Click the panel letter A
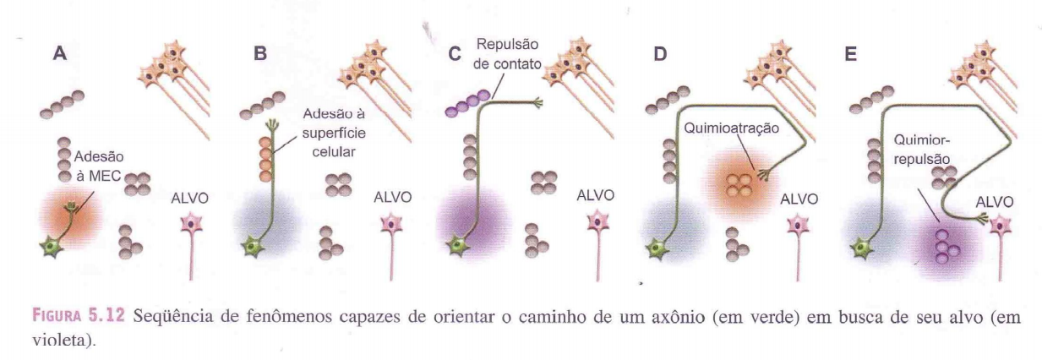point(59,52)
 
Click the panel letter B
point(260,52)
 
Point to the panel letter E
point(851,53)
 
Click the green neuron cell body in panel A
point(52,246)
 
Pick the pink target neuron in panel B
point(392,225)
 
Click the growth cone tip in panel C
point(533,104)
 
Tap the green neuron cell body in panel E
point(861,247)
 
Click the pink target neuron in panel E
point(1001,225)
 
